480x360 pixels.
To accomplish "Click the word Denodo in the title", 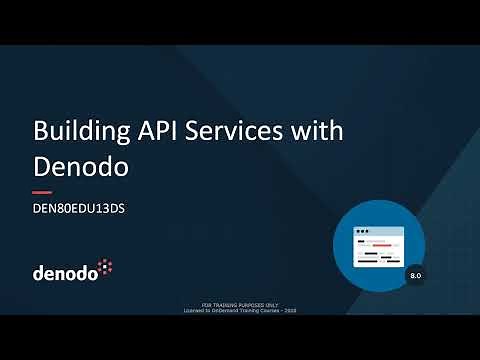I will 81,165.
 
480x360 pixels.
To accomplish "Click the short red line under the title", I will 42,191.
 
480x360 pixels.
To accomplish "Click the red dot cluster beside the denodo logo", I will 107,265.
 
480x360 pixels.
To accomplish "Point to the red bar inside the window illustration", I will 383,245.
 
